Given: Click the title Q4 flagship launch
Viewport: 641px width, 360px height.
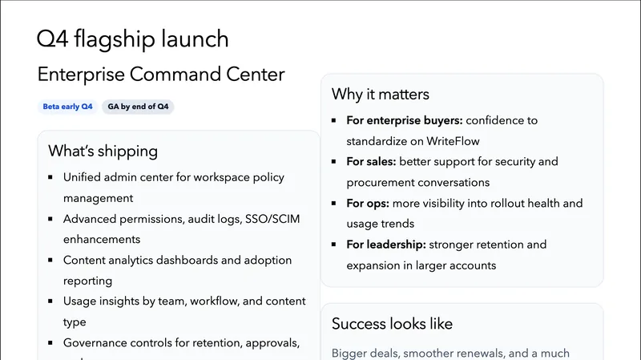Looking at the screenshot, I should click(133, 38).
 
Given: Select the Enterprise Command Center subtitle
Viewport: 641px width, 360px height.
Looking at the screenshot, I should click(161, 75).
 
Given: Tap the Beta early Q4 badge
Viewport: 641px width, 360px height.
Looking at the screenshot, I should click(67, 107).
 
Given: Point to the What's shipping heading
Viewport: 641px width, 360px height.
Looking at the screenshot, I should click(103, 151).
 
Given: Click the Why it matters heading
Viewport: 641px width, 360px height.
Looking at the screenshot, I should click(381, 94).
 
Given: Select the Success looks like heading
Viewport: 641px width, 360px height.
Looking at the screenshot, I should click(392, 324).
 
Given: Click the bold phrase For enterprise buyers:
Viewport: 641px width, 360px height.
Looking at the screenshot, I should click(404, 120).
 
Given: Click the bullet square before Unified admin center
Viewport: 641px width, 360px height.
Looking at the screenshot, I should click(50, 178).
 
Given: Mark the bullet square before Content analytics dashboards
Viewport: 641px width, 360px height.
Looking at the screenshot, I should click(50, 261).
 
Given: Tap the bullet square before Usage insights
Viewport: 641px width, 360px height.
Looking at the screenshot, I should click(50, 301).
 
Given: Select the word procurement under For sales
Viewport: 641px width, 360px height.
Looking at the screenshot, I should click(382, 183).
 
